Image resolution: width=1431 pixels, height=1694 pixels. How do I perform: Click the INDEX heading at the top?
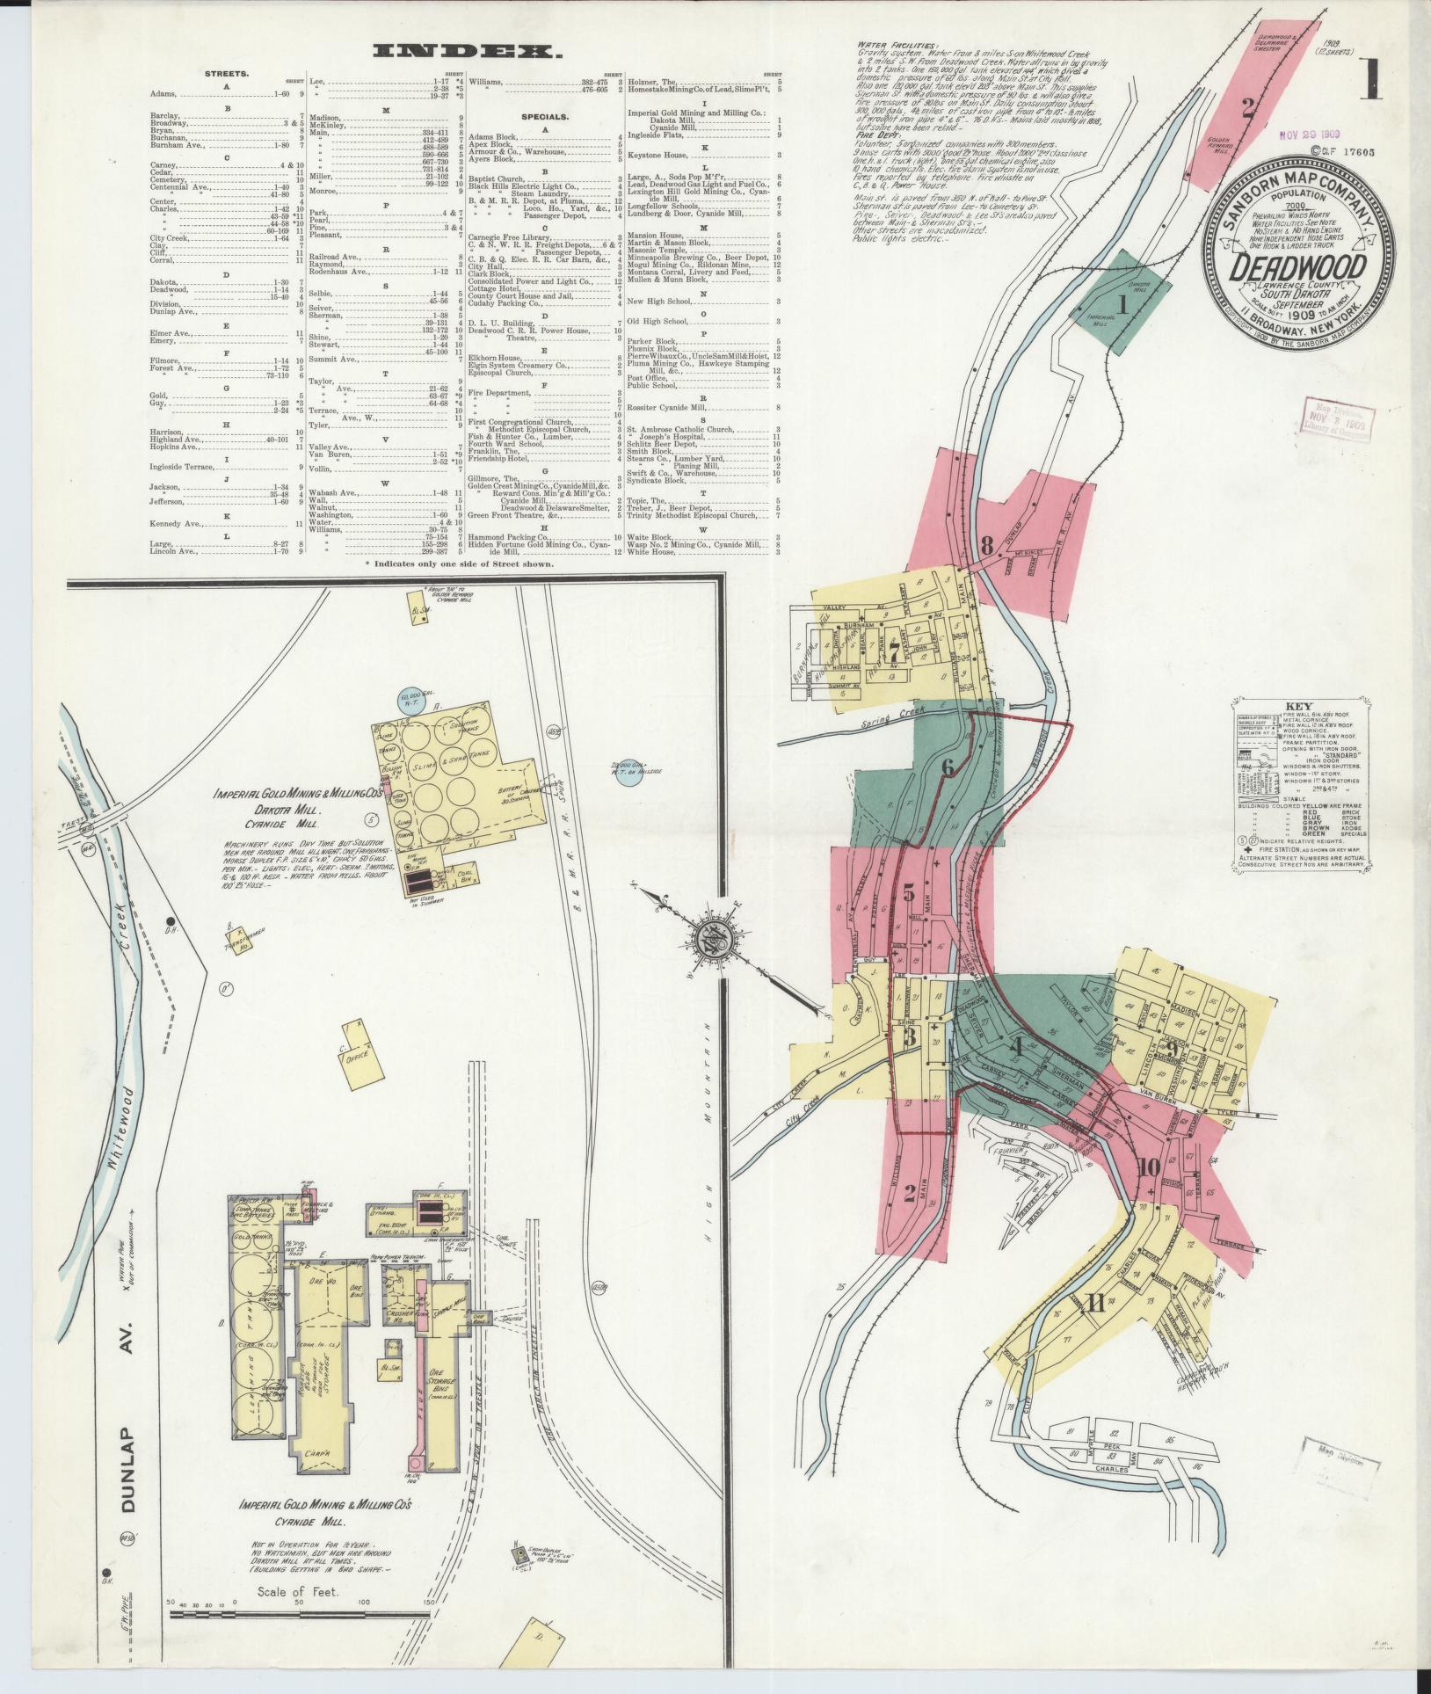click(x=467, y=52)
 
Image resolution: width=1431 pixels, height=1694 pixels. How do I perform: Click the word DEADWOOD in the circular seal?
click(x=1297, y=267)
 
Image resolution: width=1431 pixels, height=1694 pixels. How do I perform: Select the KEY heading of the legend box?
click(x=1298, y=706)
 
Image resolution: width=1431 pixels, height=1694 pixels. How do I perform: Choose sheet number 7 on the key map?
click(x=893, y=652)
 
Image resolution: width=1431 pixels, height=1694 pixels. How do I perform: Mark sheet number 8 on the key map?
click(x=986, y=545)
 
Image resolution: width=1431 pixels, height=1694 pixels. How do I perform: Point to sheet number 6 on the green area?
click(x=947, y=767)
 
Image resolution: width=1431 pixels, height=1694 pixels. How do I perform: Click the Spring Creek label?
click(x=884, y=719)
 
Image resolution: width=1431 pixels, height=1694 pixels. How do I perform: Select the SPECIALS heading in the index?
click(x=546, y=115)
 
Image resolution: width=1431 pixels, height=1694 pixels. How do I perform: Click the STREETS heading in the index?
click(x=226, y=74)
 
